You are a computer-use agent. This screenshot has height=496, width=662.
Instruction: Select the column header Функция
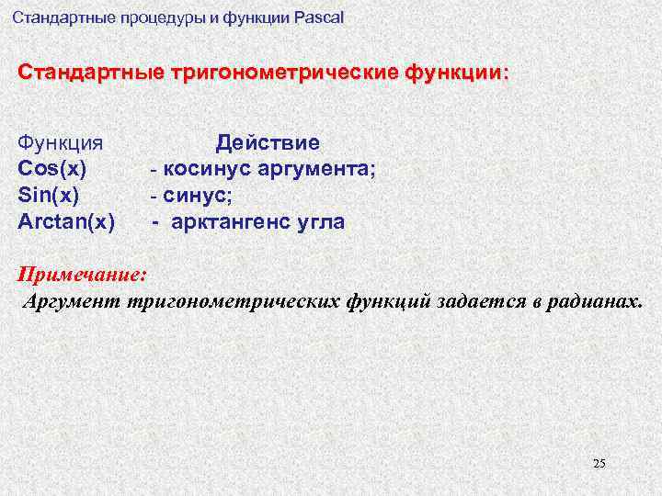click(x=60, y=143)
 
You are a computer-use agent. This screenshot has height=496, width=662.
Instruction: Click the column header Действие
click(x=268, y=143)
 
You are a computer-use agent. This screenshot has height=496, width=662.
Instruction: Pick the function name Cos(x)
click(x=52, y=169)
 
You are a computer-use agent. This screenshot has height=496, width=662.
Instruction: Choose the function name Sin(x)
click(x=49, y=195)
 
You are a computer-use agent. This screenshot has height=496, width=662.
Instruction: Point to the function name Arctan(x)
click(x=66, y=220)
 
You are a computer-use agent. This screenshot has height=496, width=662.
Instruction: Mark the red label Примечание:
click(x=82, y=275)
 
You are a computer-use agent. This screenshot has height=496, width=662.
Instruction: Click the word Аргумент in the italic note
click(x=74, y=301)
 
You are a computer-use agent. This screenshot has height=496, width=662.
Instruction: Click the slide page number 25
click(x=599, y=463)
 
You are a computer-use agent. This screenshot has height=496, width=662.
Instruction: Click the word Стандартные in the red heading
click(x=89, y=72)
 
